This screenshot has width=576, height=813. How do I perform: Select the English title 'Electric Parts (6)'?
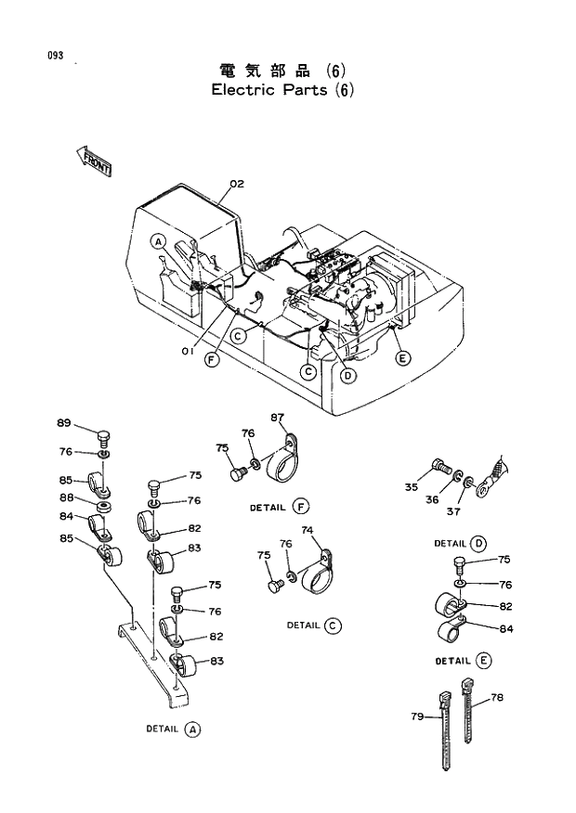(282, 90)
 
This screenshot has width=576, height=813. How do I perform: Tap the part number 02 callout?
(236, 184)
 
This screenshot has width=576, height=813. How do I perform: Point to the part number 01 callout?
(187, 350)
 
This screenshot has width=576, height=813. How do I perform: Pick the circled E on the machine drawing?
(402, 358)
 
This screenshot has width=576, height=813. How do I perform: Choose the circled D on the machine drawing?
(347, 375)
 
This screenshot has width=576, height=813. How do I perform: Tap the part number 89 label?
(63, 423)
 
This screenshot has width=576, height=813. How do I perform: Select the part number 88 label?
(66, 498)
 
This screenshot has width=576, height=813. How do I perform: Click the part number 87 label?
(277, 417)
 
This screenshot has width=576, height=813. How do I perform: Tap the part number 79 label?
(417, 716)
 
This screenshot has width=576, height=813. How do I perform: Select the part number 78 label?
(496, 697)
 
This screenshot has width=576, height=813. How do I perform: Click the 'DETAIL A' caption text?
(173, 729)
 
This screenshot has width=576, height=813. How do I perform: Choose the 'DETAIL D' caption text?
(460, 543)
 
